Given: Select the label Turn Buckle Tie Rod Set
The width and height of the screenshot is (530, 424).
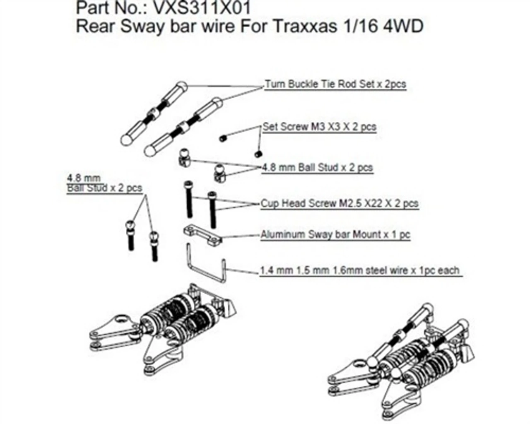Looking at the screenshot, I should click(x=335, y=84).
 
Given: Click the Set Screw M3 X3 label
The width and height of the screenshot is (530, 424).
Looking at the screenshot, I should click(x=319, y=127).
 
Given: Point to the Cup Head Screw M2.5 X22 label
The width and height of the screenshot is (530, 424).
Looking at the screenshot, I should click(x=339, y=204).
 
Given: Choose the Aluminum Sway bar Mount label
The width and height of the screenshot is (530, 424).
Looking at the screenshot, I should click(x=335, y=235).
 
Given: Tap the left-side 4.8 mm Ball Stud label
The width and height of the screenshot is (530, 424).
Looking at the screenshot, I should click(x=104, y=183).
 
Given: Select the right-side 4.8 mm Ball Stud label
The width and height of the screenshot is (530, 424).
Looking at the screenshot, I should click(x=317, y=168).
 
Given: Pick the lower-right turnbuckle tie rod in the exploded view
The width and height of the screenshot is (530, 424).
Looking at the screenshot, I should click(x=182, y=126).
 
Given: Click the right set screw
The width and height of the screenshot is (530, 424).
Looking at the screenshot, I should click(x=258, y=153).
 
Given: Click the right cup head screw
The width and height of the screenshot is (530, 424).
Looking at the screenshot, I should click(x=212, y=210).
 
